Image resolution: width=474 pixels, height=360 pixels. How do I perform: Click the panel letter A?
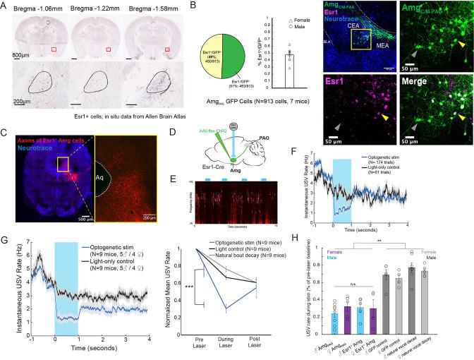[x=5, y=6]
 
